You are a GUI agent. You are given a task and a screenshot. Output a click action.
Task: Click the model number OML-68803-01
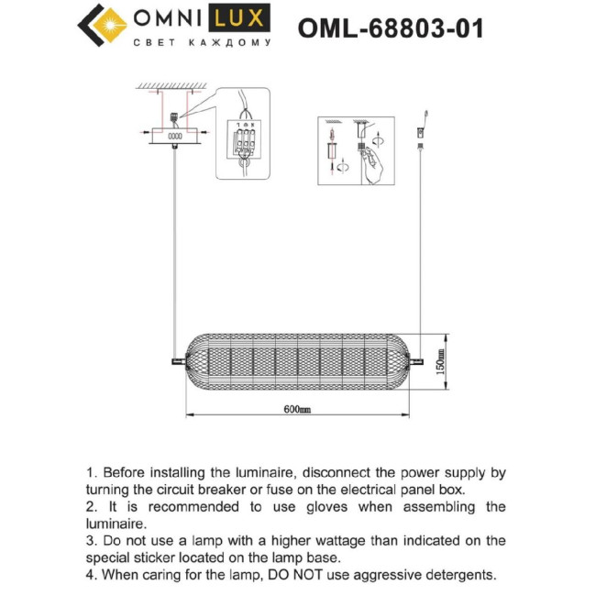click(391, 28)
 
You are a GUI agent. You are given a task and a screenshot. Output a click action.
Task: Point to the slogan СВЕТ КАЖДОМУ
click(202, 42)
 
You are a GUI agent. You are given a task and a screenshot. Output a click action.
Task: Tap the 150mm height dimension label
click(440, 363)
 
